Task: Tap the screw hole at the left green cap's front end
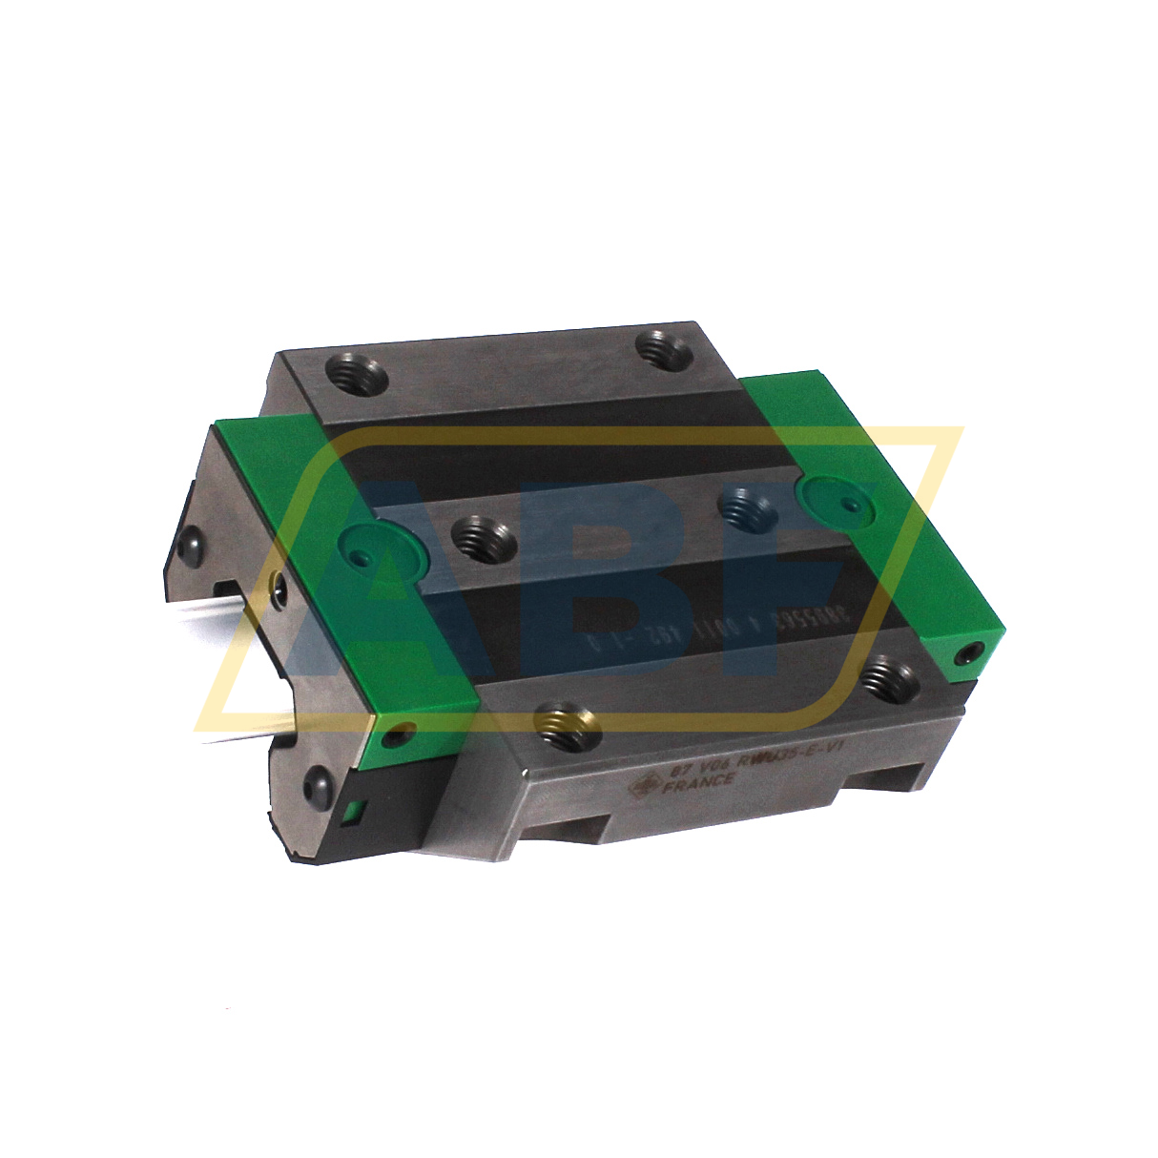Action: click(399, 736)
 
